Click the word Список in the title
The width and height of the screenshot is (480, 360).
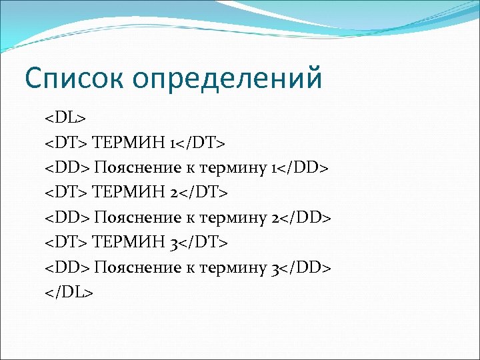tap(73, 78)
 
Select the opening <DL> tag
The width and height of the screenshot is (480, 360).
tap(65, 117)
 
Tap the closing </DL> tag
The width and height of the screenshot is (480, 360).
tap(69, 292)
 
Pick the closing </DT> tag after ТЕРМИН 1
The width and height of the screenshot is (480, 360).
tap(203, 142)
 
